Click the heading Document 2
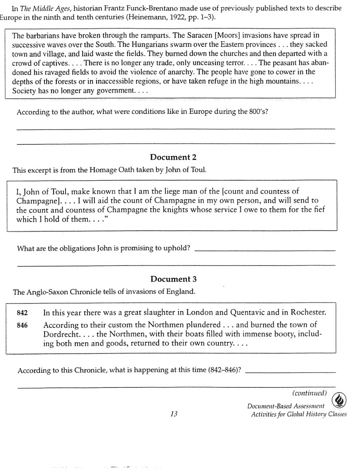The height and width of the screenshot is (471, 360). tap(173, 157)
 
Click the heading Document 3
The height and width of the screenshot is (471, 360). tap(173, 279)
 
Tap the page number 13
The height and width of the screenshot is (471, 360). tap(173, 414)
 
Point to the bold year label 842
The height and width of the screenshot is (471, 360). tap(22, 313)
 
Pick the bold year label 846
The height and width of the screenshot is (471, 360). tap(22, 325)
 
